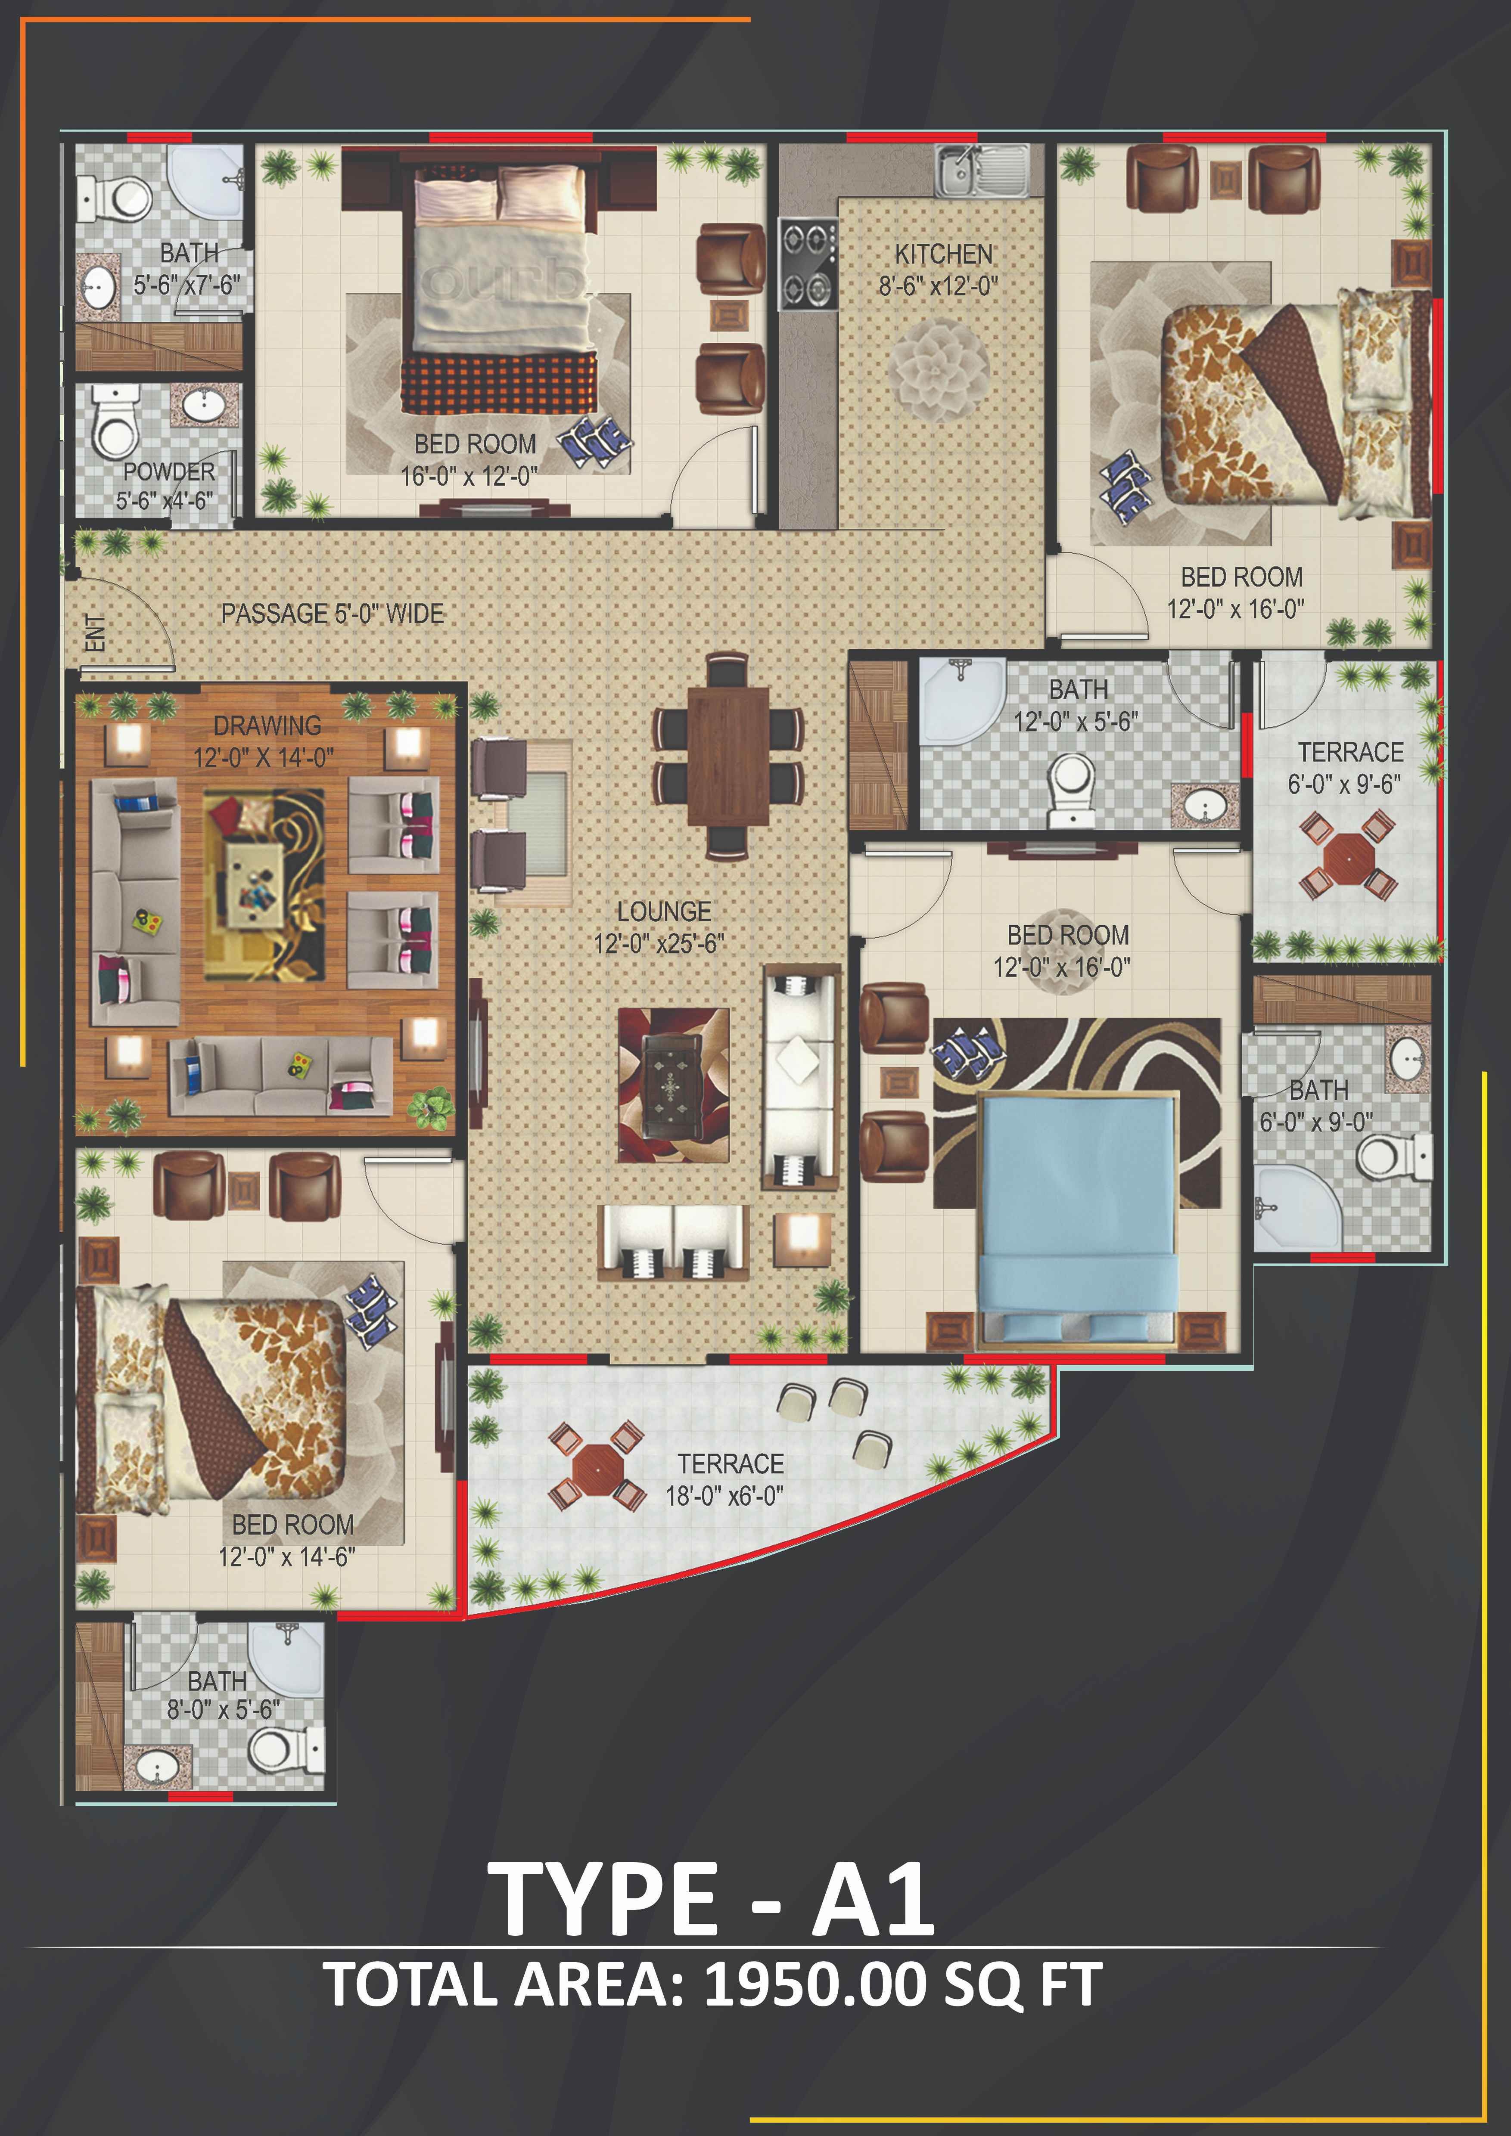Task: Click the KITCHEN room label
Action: click(943, 254)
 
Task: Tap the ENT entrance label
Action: click(95, 632)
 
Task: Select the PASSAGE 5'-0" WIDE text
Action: click(332, 614)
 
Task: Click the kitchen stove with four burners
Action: click(808, 263)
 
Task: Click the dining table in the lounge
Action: click(728, 755)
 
